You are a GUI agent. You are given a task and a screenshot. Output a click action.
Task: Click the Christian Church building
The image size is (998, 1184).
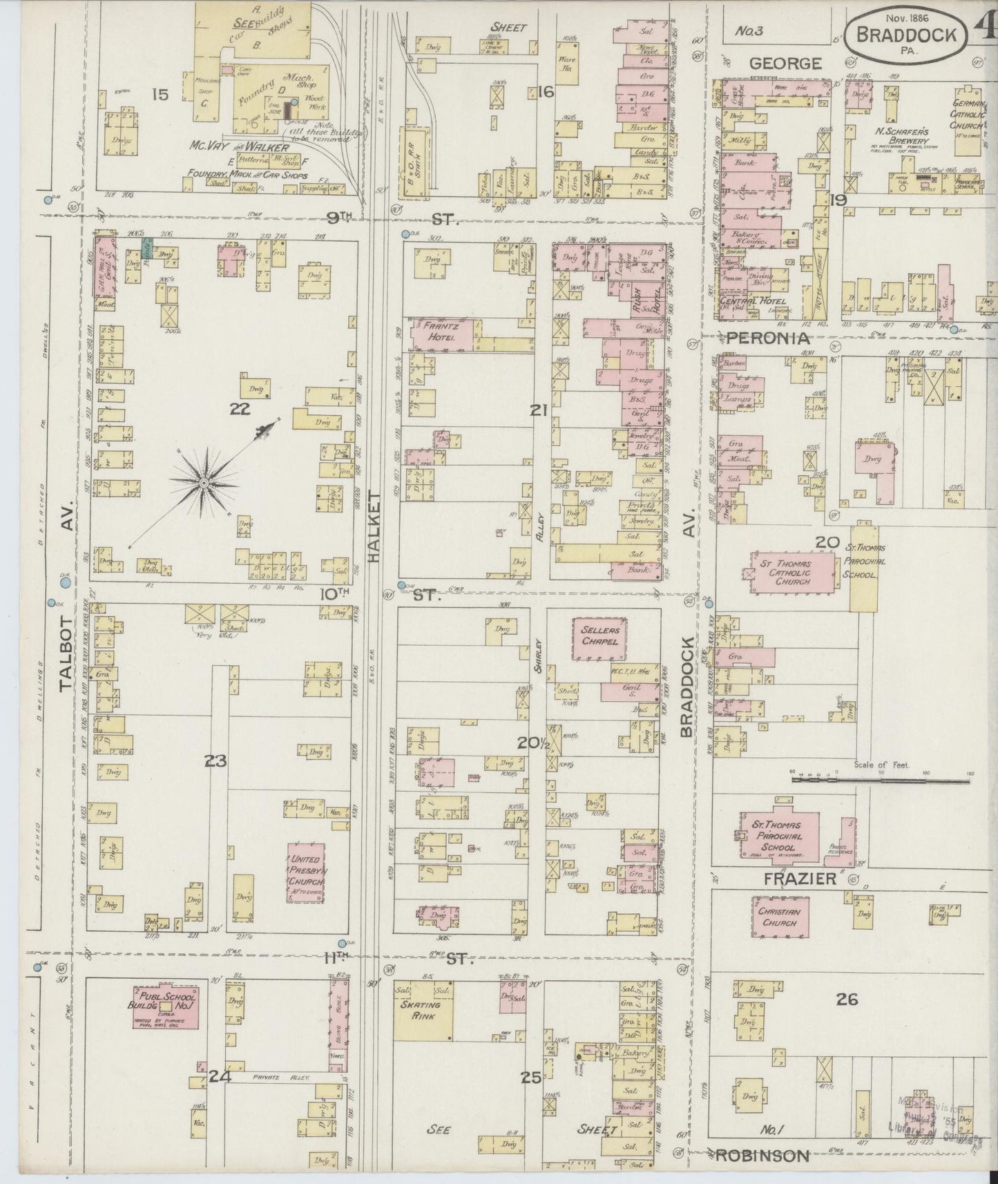coord(780,917)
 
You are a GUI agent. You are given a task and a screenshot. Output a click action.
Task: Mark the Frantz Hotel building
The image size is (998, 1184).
coord(442,333)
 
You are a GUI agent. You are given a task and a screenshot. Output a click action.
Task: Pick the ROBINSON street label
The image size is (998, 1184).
coord(762,1155)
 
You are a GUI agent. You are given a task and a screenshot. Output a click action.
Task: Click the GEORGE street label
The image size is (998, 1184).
coord(786,64)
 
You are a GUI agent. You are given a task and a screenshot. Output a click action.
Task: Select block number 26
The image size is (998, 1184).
coord(847,999)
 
